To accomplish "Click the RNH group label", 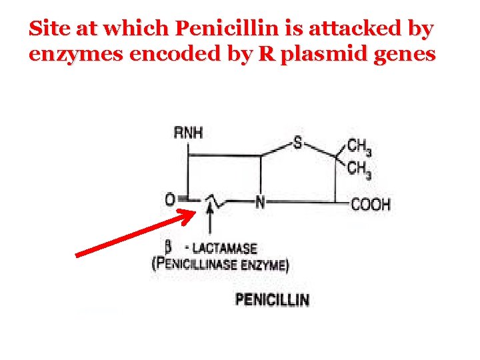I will (x=188, y=133).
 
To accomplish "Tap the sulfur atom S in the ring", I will (x=297, y=143).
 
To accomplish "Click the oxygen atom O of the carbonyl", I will (x=171, y=199).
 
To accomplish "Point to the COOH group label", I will (x=371, y=204).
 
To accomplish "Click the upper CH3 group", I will (x=359, y=147).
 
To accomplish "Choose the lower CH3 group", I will (x=359, y=169).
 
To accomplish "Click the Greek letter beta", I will (x=169, y=247).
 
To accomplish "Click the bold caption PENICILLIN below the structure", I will (x=272, y=299).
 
